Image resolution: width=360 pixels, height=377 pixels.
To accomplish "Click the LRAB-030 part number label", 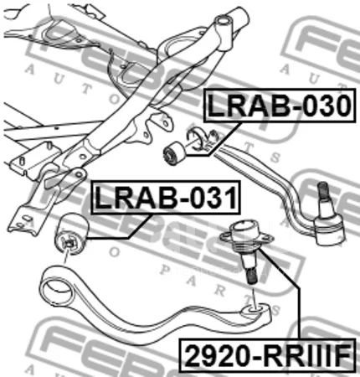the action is pos(280,106).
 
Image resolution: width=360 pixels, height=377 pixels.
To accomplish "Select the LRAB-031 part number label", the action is pos(166,198).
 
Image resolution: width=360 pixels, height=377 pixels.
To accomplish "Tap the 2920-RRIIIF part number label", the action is pos(268,355).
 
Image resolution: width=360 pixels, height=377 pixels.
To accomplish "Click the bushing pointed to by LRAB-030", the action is pos(174,153).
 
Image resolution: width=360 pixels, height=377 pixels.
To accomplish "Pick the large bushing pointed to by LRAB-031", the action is pos(71,233).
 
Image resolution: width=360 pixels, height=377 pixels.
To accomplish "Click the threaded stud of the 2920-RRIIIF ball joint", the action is pos(251,275).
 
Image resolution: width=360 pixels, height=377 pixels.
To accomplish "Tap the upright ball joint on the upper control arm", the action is pos(329,215).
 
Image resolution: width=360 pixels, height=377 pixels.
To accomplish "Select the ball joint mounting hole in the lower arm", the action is pos(254,309).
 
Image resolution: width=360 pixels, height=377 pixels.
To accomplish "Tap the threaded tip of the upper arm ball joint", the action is pos(322,190).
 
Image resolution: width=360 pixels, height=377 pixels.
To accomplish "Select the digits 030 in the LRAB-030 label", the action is pos(325,106).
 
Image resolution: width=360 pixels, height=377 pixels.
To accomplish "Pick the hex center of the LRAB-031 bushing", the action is pos(69,244).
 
